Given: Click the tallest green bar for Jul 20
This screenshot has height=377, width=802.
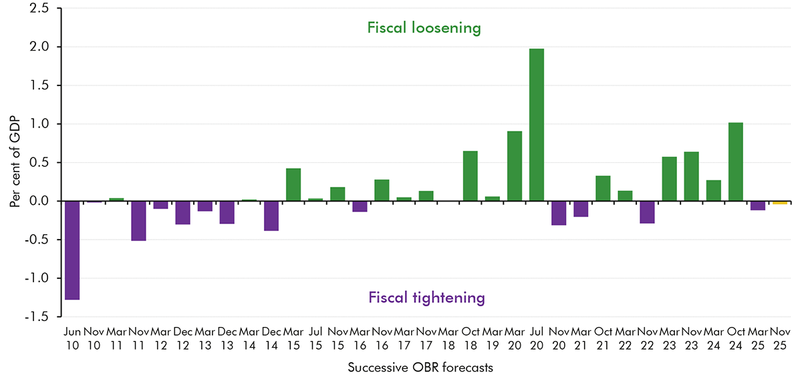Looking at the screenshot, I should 537,125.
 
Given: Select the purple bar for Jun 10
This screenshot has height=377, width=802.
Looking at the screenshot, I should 72,250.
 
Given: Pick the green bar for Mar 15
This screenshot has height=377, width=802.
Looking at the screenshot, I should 293,185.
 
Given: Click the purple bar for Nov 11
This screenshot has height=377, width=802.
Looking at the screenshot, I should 138,221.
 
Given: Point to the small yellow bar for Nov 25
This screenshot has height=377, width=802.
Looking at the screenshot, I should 779,202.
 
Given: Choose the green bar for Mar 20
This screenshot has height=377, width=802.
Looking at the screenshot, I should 515,166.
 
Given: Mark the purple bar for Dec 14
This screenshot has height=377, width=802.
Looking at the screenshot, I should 271,216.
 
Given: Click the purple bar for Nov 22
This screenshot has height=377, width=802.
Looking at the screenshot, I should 647,212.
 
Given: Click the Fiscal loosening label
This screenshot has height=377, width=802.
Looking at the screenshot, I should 424,28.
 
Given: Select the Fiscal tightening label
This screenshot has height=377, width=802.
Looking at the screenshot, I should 426,298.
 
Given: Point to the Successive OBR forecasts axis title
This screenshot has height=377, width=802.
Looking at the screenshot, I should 424,367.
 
